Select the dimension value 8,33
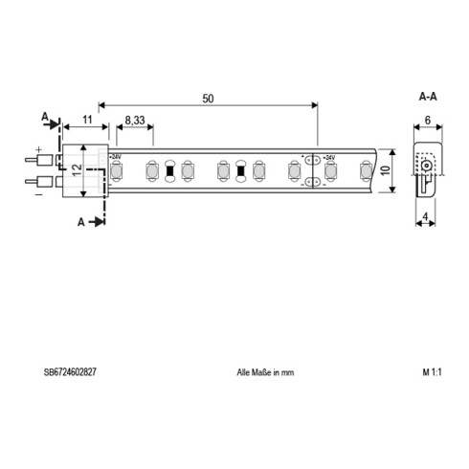pyautogui.click(x=136, y=121)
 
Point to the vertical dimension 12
pyautogui.click(x=75, y=173)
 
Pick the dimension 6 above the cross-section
pyautogui.click(x=426, y=121)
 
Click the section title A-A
pyautogui.click(x=428, y=98)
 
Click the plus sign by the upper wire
pyautogui.click(x=39, y=149)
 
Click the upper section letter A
pyautogui.click(x=45, y=118)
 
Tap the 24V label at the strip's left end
pyautogui.click(x=115, y=157)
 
